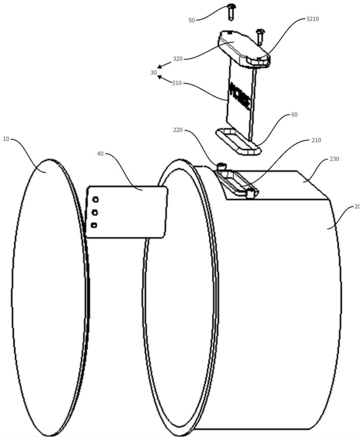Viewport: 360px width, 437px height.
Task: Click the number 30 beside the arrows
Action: click(153, 73)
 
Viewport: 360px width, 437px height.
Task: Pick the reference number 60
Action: click(294, 114)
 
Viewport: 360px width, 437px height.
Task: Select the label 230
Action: click(334, 159)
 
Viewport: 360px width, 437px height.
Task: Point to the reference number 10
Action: click(6, 139)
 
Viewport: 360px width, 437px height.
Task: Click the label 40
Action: click(100, 154)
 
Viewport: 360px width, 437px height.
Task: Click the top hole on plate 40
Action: click(95, 200)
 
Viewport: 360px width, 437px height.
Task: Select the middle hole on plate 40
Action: click(95, 213)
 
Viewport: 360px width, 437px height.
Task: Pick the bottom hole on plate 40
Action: click(94, 225)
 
